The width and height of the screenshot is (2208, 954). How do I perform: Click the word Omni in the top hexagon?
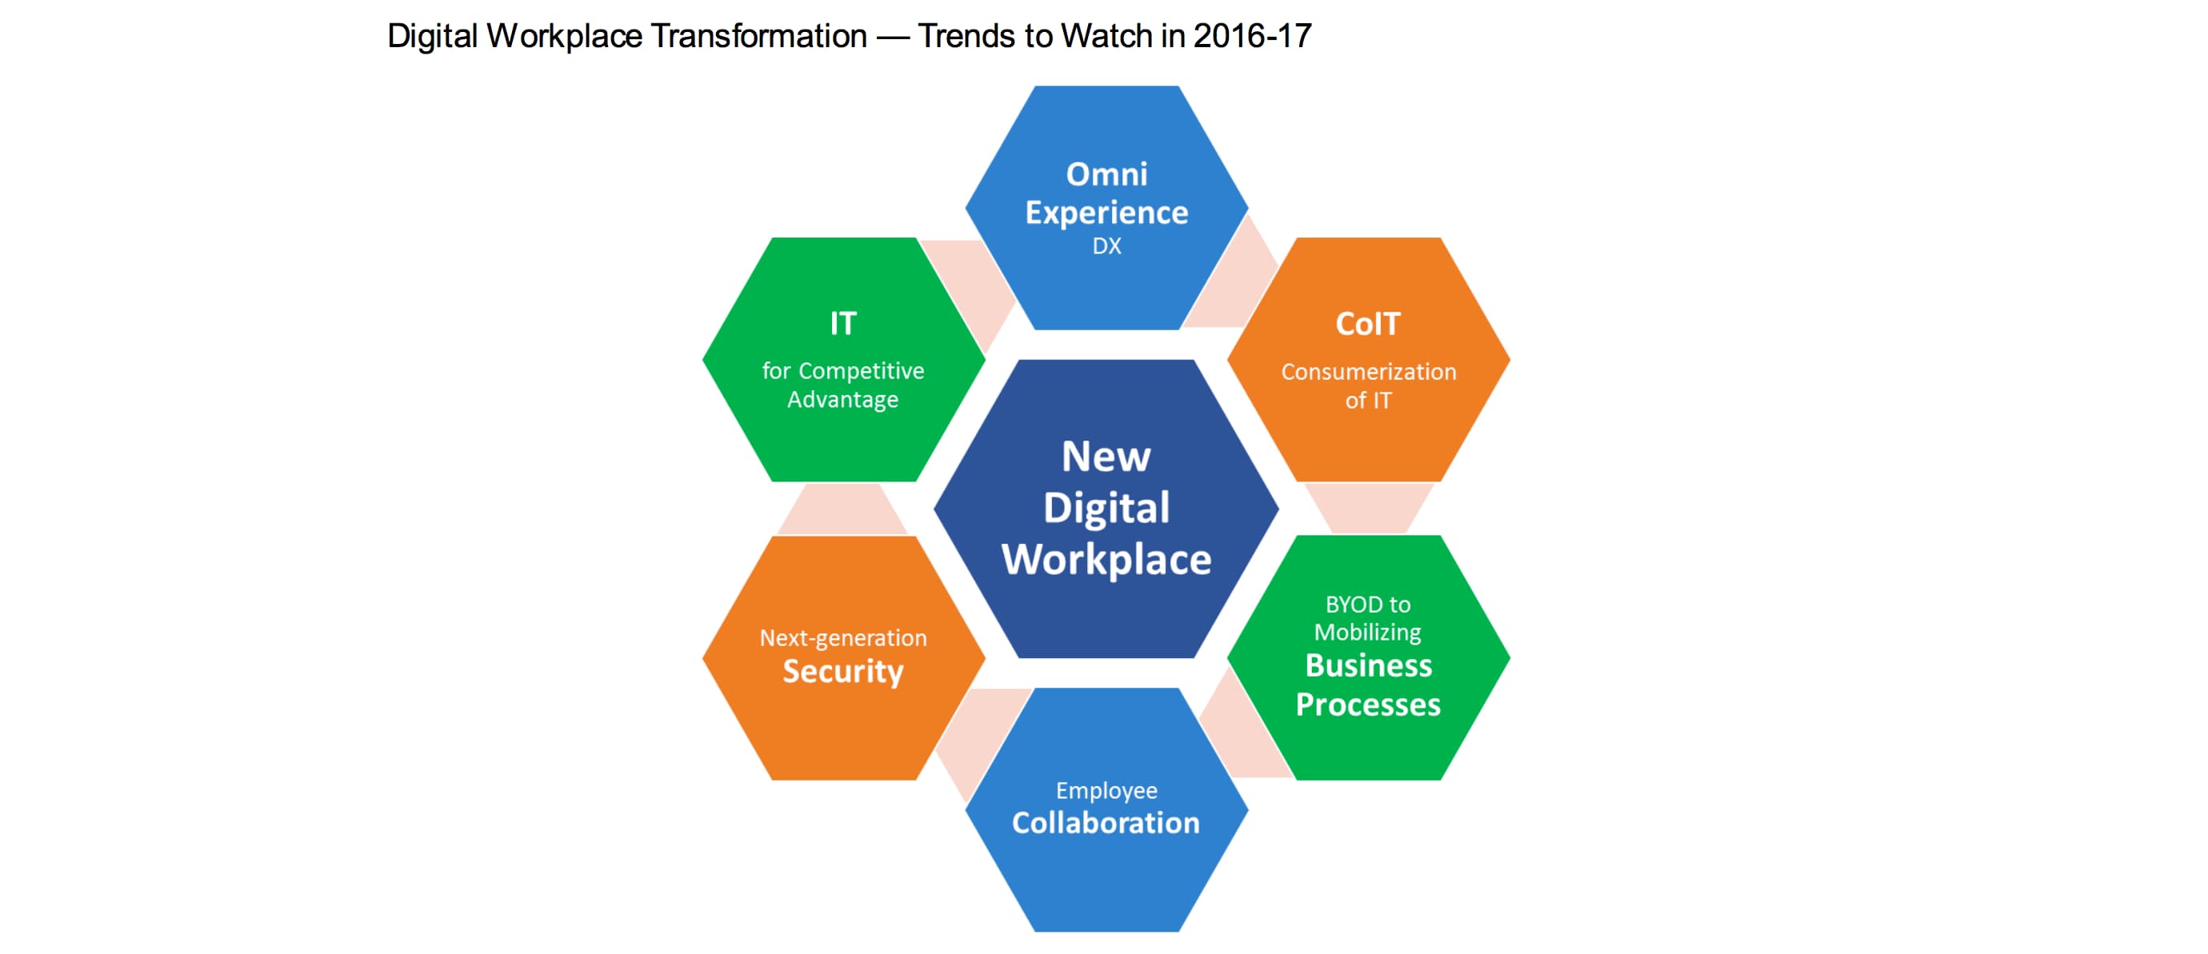1106,174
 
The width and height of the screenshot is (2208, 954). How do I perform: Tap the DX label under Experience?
1106,246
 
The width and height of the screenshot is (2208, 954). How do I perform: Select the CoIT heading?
1368,324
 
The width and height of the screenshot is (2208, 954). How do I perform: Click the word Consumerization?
1369,372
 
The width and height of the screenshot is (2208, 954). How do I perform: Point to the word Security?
843,671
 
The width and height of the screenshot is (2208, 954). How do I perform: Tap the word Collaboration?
1106,823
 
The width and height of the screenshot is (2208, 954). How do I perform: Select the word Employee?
1106,790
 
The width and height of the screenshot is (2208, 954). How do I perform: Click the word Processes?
1368,705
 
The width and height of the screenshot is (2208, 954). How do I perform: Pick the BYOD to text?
1368,605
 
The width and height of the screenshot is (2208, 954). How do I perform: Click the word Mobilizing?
1368,633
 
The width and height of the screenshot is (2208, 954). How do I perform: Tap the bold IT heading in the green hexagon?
843,323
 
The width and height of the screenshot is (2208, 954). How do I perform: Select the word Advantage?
843,401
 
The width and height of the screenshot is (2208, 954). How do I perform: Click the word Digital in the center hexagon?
1106,509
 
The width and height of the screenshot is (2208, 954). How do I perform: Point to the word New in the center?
1106,456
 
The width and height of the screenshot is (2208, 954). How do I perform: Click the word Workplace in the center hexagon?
1106,560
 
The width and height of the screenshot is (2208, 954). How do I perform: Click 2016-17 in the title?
1252,36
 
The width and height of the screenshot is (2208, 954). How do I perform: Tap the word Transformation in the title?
758,36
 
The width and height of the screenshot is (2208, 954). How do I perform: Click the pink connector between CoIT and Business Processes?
1369,508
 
